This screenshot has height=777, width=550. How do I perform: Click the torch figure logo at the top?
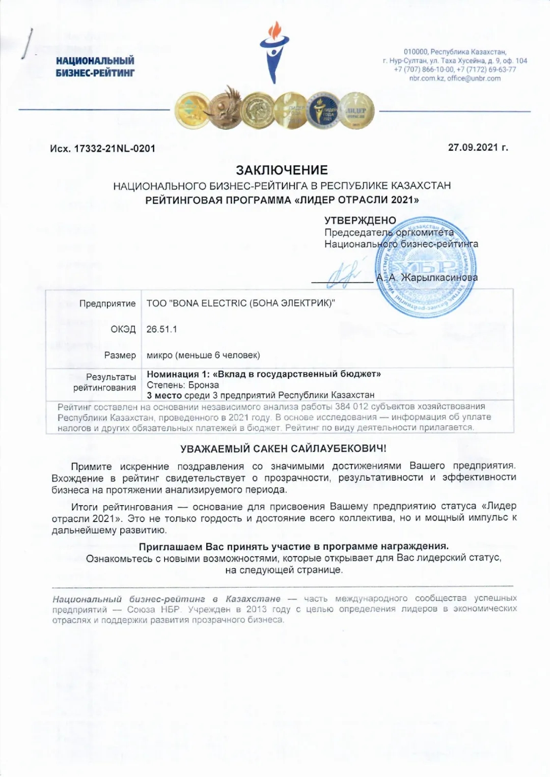274,51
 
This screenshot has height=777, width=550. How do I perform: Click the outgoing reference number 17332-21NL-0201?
115,149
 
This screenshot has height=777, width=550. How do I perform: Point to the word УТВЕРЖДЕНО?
360,220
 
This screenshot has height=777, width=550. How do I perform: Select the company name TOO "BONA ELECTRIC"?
240,303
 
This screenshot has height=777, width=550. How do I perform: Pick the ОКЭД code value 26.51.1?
161,329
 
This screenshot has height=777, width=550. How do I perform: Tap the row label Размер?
120,355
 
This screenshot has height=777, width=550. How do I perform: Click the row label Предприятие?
107,304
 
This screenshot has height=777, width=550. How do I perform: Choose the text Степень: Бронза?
183,385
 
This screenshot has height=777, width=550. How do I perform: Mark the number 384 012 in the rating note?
351,407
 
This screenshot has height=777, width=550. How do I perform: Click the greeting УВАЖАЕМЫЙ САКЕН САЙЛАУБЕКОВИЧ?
283,449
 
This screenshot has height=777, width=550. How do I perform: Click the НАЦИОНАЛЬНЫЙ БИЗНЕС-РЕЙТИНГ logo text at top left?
95,67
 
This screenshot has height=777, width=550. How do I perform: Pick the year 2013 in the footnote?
257,609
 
